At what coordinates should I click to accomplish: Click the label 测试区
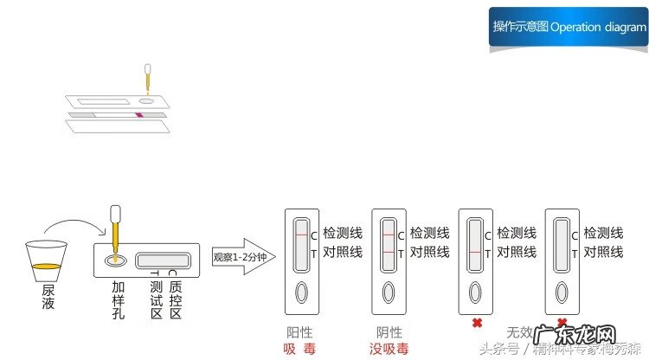pos(156,299)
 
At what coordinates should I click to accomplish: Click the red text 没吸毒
pos(389,349)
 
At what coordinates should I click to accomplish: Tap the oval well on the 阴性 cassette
pos(388,292)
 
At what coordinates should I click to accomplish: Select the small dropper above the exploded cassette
pos(148,77)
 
